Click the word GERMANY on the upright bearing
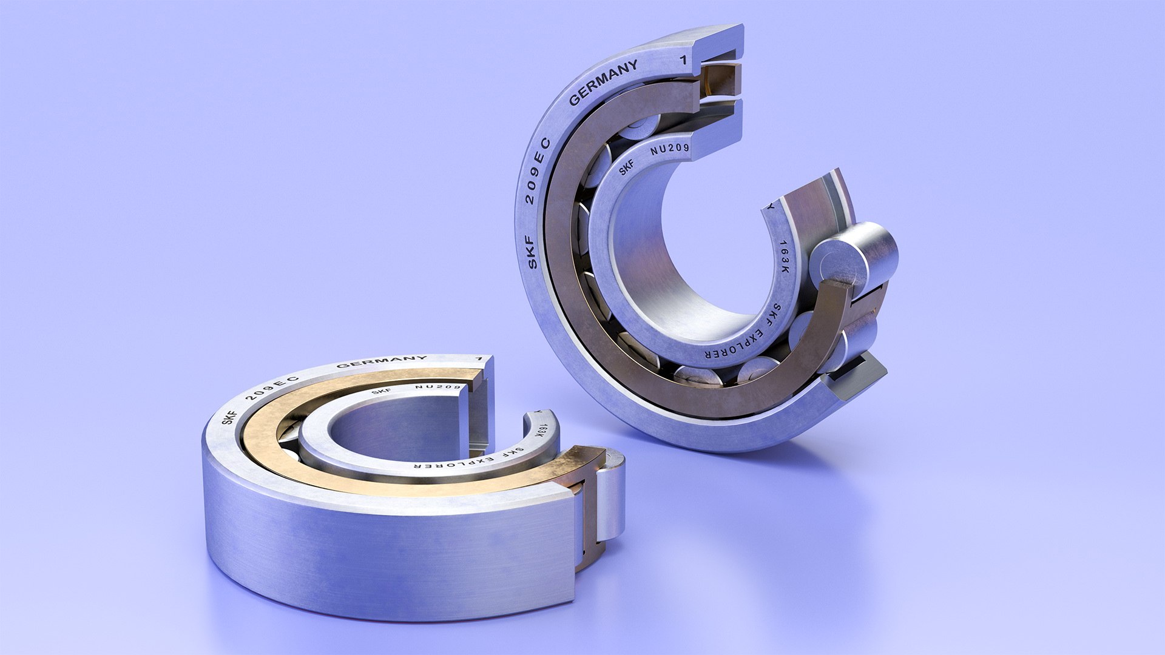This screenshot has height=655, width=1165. click(x=603, y=82)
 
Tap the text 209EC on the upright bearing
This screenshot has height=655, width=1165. click(x=536, y=172)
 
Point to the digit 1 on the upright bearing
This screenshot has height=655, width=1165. click(x=684, y=59)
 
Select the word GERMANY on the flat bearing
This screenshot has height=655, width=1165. click(x=382, y=362)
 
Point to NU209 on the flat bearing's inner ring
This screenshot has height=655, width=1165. click(x=438, y=387)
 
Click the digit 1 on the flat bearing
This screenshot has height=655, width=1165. click(x=479, y=358)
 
